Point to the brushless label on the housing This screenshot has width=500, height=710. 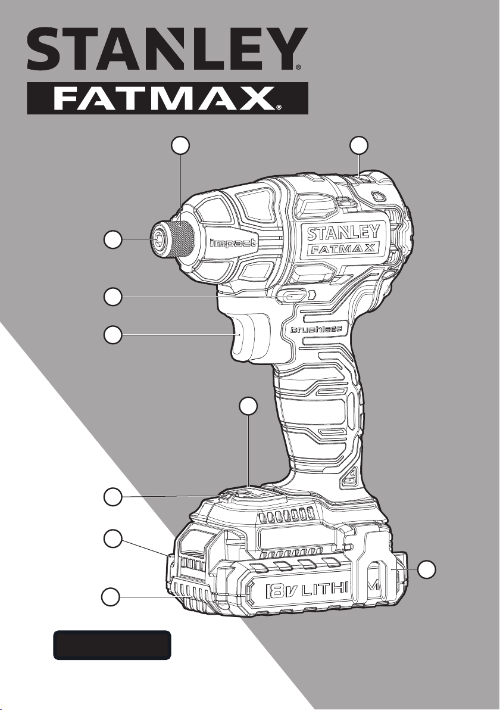[314, 329]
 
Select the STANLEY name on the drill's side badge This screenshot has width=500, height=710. [343, 233]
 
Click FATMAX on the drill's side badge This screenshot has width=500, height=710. [343, 248]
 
